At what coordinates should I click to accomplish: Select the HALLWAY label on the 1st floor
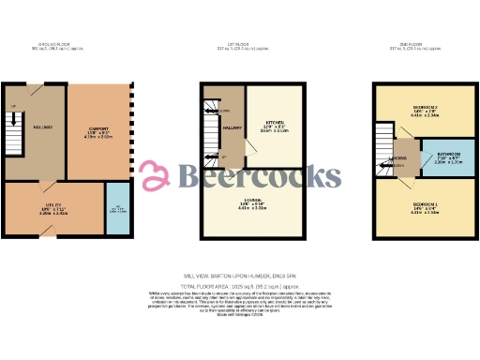pyautogui.click(x=232, y=127)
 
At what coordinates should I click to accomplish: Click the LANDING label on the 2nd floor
pyautogui.click(x=397, y=159)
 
